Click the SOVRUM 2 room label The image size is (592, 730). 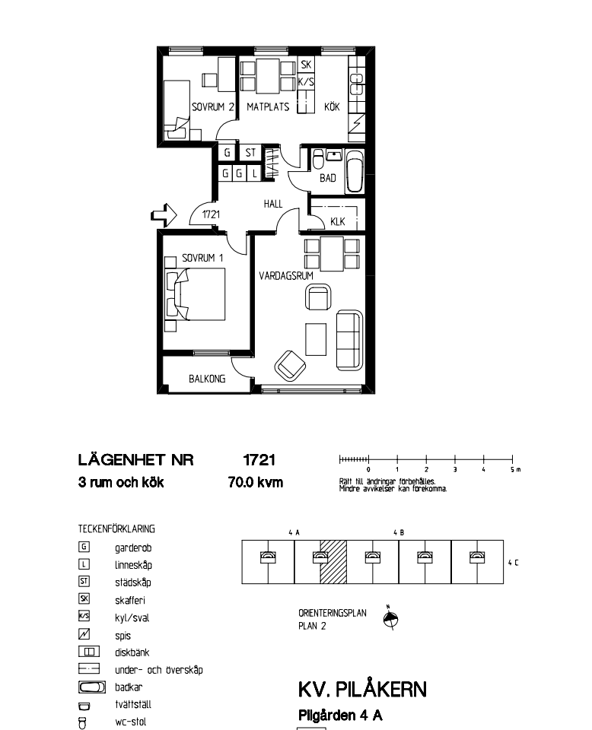212,107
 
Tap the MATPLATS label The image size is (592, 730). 268,107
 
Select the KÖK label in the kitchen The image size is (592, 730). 332,106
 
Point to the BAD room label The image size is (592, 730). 327,178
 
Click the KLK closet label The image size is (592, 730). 337,221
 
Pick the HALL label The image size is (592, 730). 273,204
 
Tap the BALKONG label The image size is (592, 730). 207,379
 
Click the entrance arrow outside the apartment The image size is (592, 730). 164,215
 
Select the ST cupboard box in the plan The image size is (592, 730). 250,152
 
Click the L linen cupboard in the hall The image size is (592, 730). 254,173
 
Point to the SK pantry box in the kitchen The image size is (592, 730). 306,65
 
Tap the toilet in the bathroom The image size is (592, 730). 318,159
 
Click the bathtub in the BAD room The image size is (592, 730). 355,171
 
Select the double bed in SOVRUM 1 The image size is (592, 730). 196,294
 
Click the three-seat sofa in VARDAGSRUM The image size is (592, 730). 349,339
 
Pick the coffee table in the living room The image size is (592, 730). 316,339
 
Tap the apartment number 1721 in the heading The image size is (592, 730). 259,460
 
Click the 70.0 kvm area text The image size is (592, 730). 256,482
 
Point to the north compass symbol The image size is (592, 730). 391,619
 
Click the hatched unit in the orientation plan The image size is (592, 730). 333,562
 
